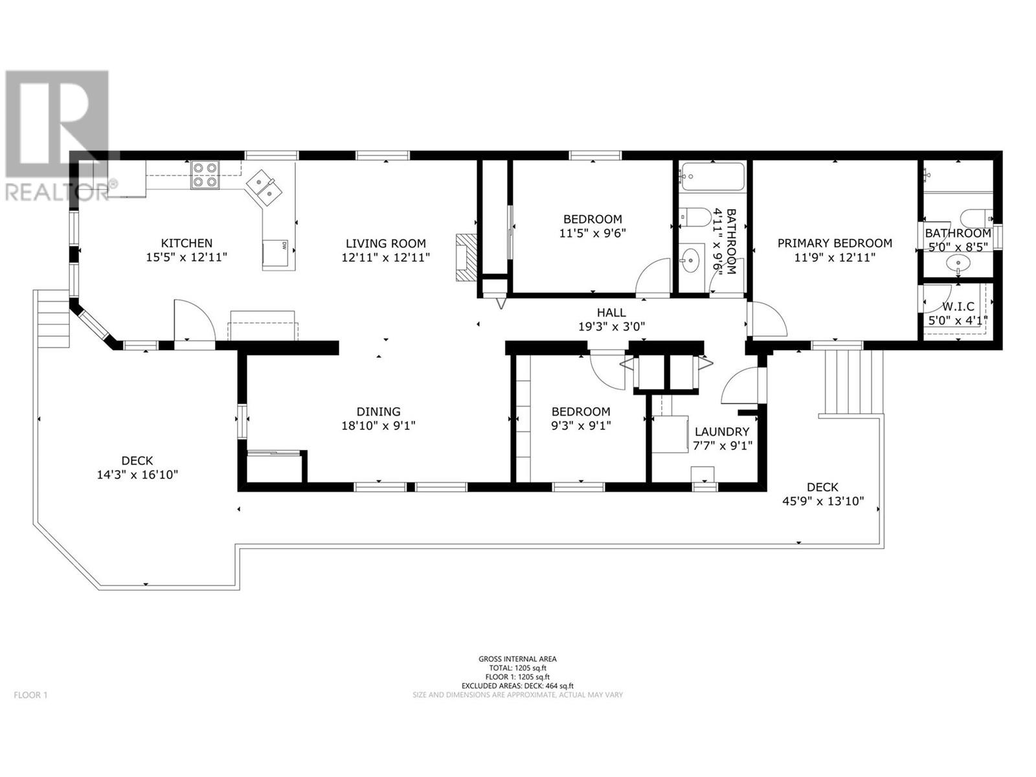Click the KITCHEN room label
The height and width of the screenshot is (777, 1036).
point(186,243)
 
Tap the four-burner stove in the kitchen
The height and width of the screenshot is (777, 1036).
point(205,175)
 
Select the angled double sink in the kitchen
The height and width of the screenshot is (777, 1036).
point(264,188)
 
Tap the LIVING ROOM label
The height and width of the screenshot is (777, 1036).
point(386,243)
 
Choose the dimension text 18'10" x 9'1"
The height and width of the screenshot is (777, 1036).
point(379,425)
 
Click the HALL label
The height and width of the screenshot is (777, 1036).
point(611,312)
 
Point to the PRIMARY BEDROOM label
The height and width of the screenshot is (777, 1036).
point(835,243)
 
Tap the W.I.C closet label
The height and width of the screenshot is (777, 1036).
point(958,307)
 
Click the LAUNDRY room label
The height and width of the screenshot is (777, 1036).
point(722,431)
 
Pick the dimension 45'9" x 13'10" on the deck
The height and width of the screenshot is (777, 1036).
point(823,501)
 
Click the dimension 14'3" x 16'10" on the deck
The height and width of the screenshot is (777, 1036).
point(137,474)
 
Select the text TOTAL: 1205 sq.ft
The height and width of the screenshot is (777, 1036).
point(517,668)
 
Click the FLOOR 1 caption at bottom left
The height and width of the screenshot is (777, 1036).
point(30,695)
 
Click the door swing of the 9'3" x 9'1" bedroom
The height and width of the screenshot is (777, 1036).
point(607,371)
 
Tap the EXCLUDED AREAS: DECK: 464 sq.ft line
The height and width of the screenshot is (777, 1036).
point(517,686)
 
